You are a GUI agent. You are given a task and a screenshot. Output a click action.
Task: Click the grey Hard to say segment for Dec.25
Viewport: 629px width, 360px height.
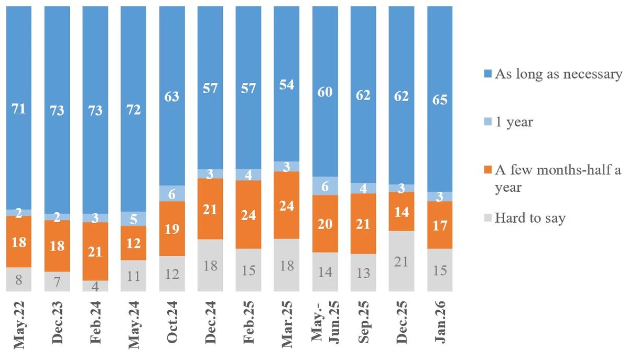point(402,261)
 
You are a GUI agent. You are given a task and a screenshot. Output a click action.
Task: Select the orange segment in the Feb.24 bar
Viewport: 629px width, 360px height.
point(95,251)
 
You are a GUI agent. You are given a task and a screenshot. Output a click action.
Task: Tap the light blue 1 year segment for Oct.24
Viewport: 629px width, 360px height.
point(172,193)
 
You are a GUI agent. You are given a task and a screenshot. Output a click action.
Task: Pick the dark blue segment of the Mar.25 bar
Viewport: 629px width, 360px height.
point(287,84)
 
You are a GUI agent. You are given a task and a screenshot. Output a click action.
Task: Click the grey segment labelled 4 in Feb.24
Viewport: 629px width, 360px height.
point(95,286)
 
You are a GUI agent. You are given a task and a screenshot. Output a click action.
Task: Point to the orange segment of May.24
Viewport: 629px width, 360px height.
point(134,243)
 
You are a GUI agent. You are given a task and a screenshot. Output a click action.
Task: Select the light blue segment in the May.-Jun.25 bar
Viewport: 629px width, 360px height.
point(325,186)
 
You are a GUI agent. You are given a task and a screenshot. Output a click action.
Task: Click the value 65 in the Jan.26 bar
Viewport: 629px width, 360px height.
point(440,99)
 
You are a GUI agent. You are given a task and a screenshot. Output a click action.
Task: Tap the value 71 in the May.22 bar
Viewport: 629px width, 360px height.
point(19,109)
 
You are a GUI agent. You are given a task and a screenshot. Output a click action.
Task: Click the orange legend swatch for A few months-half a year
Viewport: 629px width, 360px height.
point(487,170)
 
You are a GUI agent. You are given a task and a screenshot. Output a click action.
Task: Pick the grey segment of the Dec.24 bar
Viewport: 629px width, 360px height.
point(210,265)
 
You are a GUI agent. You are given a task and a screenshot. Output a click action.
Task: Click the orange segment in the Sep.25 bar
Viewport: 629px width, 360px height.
point(363,224)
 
